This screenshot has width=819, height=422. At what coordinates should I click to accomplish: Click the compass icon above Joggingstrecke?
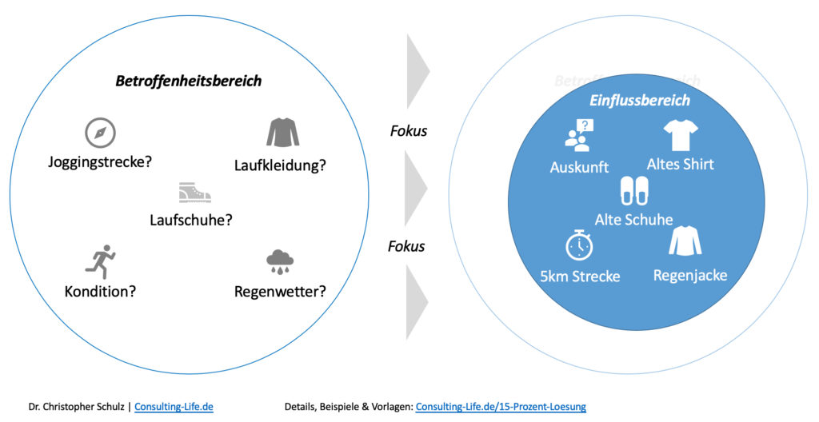tap(100, 133)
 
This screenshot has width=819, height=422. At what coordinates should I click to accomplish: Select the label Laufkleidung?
tap(281, 165)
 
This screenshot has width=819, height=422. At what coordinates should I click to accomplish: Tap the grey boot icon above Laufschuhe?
tap(194, 193)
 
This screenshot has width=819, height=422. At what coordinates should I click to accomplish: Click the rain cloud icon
tap(279, 261)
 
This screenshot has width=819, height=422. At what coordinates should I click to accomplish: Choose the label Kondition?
tap(100, 291)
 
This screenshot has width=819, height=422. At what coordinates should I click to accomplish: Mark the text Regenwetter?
tap(280, 291)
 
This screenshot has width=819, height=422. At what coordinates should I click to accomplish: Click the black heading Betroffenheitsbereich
tap(188, 81)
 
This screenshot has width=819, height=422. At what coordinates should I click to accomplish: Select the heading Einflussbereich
tap(639, 101)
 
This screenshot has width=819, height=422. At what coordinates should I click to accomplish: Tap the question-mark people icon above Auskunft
tap(580, 135)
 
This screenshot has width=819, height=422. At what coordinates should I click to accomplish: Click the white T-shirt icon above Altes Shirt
tap(680, 135)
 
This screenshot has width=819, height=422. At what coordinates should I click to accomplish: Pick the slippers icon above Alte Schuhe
tap(634, 192)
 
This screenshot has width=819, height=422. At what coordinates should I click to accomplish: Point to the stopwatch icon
tap(579, 245)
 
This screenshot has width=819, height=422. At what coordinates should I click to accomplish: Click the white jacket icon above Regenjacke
tap(685, 241)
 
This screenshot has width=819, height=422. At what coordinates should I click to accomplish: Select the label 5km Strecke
tap(580, 277)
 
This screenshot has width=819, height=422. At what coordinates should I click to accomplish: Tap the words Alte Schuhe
tap(633, 219)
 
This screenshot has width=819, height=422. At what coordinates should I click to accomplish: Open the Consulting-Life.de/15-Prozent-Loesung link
tap(501, 407)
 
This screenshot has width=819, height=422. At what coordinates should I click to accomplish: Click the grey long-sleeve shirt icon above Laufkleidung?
tap(282, 133)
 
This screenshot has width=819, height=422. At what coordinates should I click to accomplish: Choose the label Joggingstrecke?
tap(100, 161)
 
